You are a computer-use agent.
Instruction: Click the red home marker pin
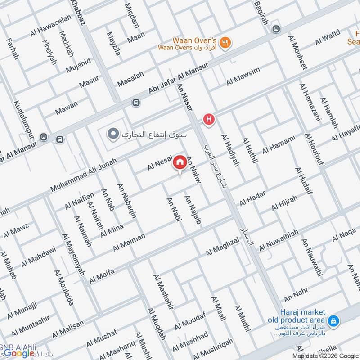pos(180,162)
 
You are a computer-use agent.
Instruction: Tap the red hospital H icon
pos(208,119)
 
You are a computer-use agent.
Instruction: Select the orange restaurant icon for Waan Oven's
pos(226,42)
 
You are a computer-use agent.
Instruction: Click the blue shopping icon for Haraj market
pos(333,321)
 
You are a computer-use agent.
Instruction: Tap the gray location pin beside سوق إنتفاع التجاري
pos(113,134)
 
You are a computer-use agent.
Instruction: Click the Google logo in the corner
pos(20,353)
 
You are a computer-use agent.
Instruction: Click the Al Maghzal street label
pos(223,247)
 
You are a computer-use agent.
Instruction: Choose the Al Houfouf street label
pos(314,148)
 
